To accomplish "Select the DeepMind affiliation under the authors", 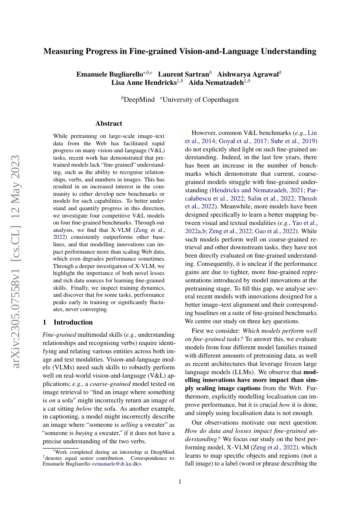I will [139, 100].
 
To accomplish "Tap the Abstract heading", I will [109, 124].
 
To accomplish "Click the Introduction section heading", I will [73, 322].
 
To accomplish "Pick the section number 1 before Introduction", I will [44, 322].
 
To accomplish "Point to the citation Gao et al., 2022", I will [282, 231].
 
